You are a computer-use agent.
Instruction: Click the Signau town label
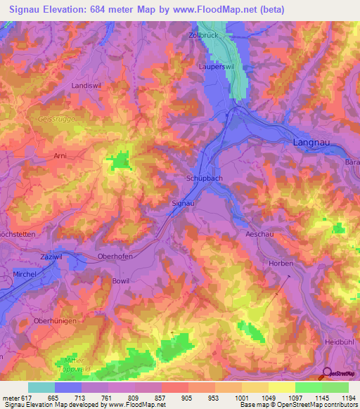(183, 202)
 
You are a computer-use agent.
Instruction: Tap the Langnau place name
(309, 143)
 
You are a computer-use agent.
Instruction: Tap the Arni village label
(62, 156)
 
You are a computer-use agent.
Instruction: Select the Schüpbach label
(205, 178)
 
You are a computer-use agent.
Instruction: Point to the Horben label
(281, 263)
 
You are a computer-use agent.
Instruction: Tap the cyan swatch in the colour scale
(41, 387)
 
